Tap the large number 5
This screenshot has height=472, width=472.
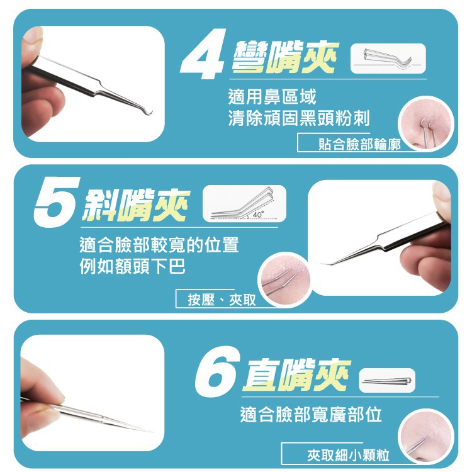click(57, 202)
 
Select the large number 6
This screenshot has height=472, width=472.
click(217, 371)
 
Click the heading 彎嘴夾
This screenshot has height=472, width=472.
click(285, 57)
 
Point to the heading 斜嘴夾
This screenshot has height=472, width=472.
click(136, 205)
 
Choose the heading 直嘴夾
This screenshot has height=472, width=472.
click(297, 374)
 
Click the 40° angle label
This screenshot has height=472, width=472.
click(258, 215)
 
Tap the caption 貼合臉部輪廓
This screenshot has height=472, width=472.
click(359, 145)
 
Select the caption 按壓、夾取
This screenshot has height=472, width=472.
click(222, 300)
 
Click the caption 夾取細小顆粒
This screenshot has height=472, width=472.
click(348, 455)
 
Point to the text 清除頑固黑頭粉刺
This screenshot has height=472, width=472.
click(298, 118)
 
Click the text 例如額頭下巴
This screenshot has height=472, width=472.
click(132, 266)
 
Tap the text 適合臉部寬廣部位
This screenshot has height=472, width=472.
click(311, 414)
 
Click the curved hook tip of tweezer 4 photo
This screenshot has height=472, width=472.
click(148, 113)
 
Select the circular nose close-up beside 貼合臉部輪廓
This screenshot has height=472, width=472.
click(425, 124)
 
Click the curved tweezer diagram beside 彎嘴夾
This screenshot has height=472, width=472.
click(388, 59)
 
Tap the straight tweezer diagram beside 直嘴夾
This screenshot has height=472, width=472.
click(387, 381)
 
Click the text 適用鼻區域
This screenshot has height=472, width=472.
click(272, 97)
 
